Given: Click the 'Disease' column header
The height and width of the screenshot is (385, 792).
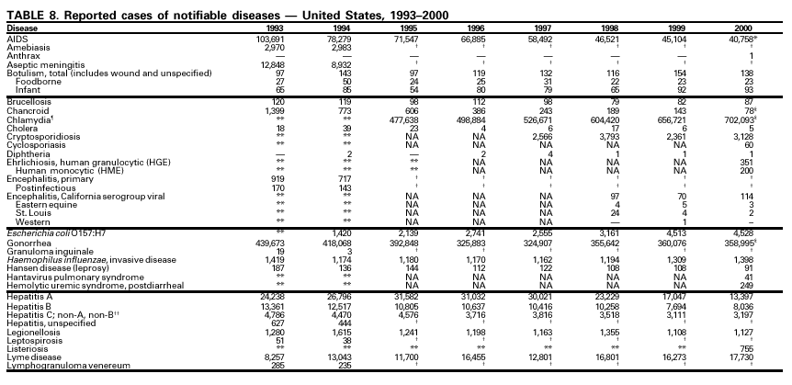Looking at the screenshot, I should click(x=23, y=28).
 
